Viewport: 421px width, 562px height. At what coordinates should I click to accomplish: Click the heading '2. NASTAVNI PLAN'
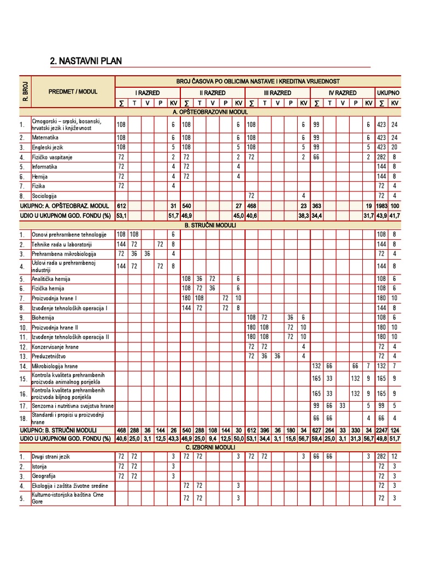86,61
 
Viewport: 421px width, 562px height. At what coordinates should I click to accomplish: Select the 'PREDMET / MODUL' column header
73,92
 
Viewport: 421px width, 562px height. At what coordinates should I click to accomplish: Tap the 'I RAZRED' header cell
147,93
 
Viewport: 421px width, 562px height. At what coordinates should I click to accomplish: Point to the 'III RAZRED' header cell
277,93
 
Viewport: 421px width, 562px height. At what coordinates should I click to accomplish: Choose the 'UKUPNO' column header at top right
388,93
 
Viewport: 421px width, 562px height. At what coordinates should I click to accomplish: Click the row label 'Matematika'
45,138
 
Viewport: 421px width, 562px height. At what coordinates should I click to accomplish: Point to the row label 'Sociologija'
46,196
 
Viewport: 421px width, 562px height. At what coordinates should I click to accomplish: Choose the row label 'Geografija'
45,476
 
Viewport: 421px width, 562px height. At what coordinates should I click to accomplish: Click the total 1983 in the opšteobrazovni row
382,206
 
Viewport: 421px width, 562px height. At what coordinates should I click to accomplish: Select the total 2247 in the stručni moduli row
382,430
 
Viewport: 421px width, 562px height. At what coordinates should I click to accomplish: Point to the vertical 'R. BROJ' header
25,92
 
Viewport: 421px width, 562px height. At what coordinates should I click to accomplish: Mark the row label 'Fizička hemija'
48,289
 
